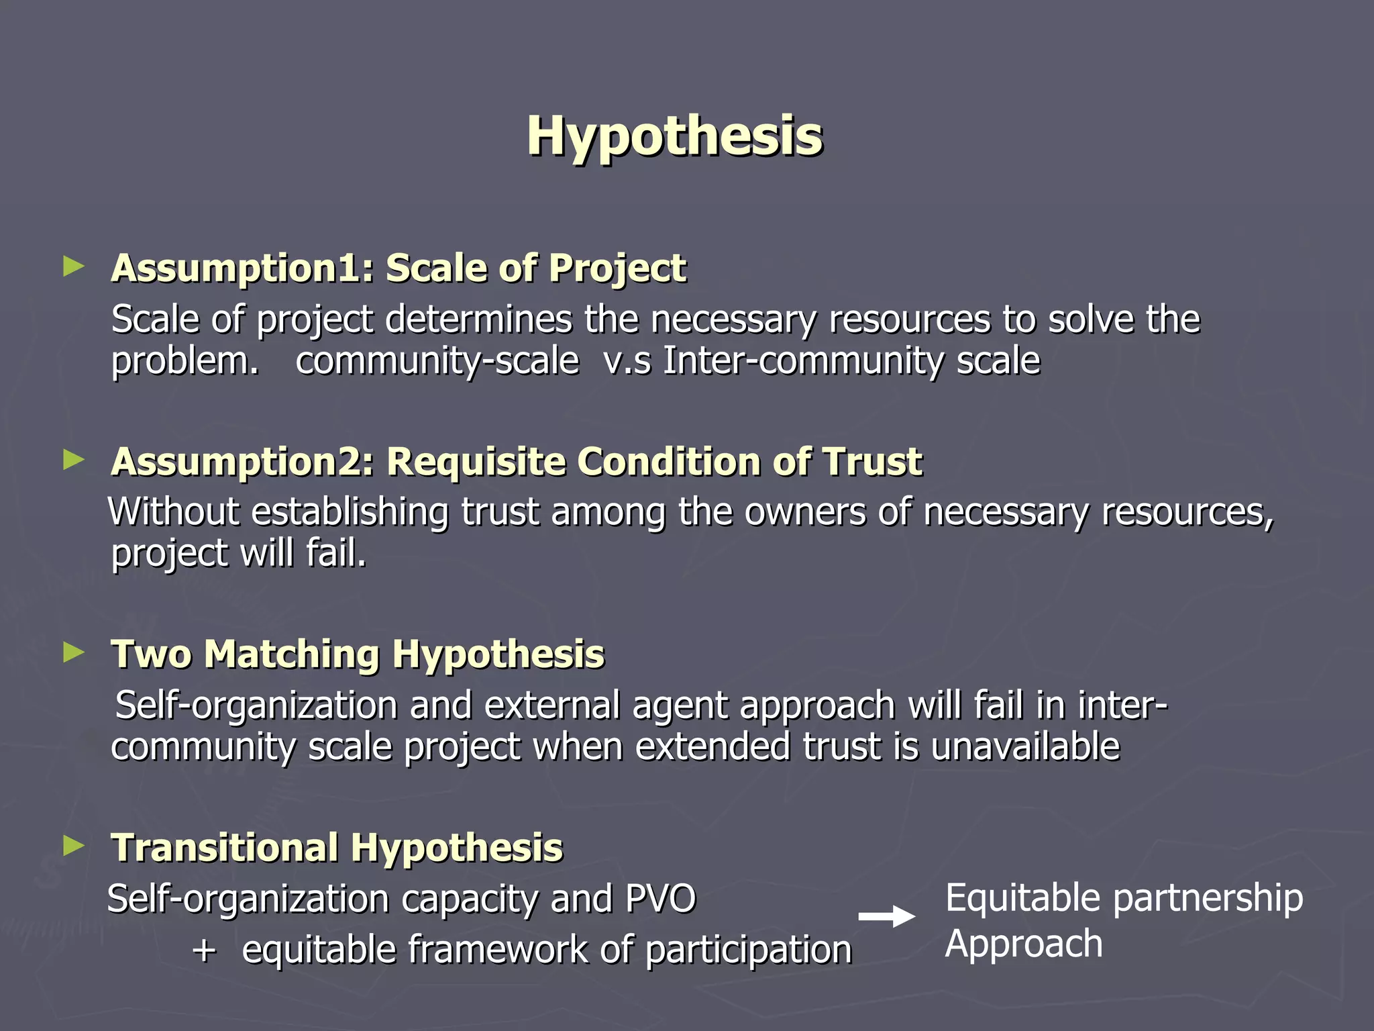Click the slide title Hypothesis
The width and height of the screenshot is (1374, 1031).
(x=674, y=136)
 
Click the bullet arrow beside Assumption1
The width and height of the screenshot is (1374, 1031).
(x=73, y=266)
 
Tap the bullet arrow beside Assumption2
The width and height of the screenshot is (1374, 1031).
(x=73, y=460)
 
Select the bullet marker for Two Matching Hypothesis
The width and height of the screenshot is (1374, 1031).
(x=73, y=652)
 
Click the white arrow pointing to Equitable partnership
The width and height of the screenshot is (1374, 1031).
(x=887, y=916)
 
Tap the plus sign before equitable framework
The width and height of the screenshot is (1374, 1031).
(x=204, y=950)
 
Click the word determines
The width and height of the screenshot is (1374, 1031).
(x=478, y=319)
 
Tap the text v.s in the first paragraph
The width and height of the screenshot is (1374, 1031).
(x=627, y=361)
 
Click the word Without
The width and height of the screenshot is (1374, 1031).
(x=173, y=512)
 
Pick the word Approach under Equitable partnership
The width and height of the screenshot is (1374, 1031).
(x=1024, y=944)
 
